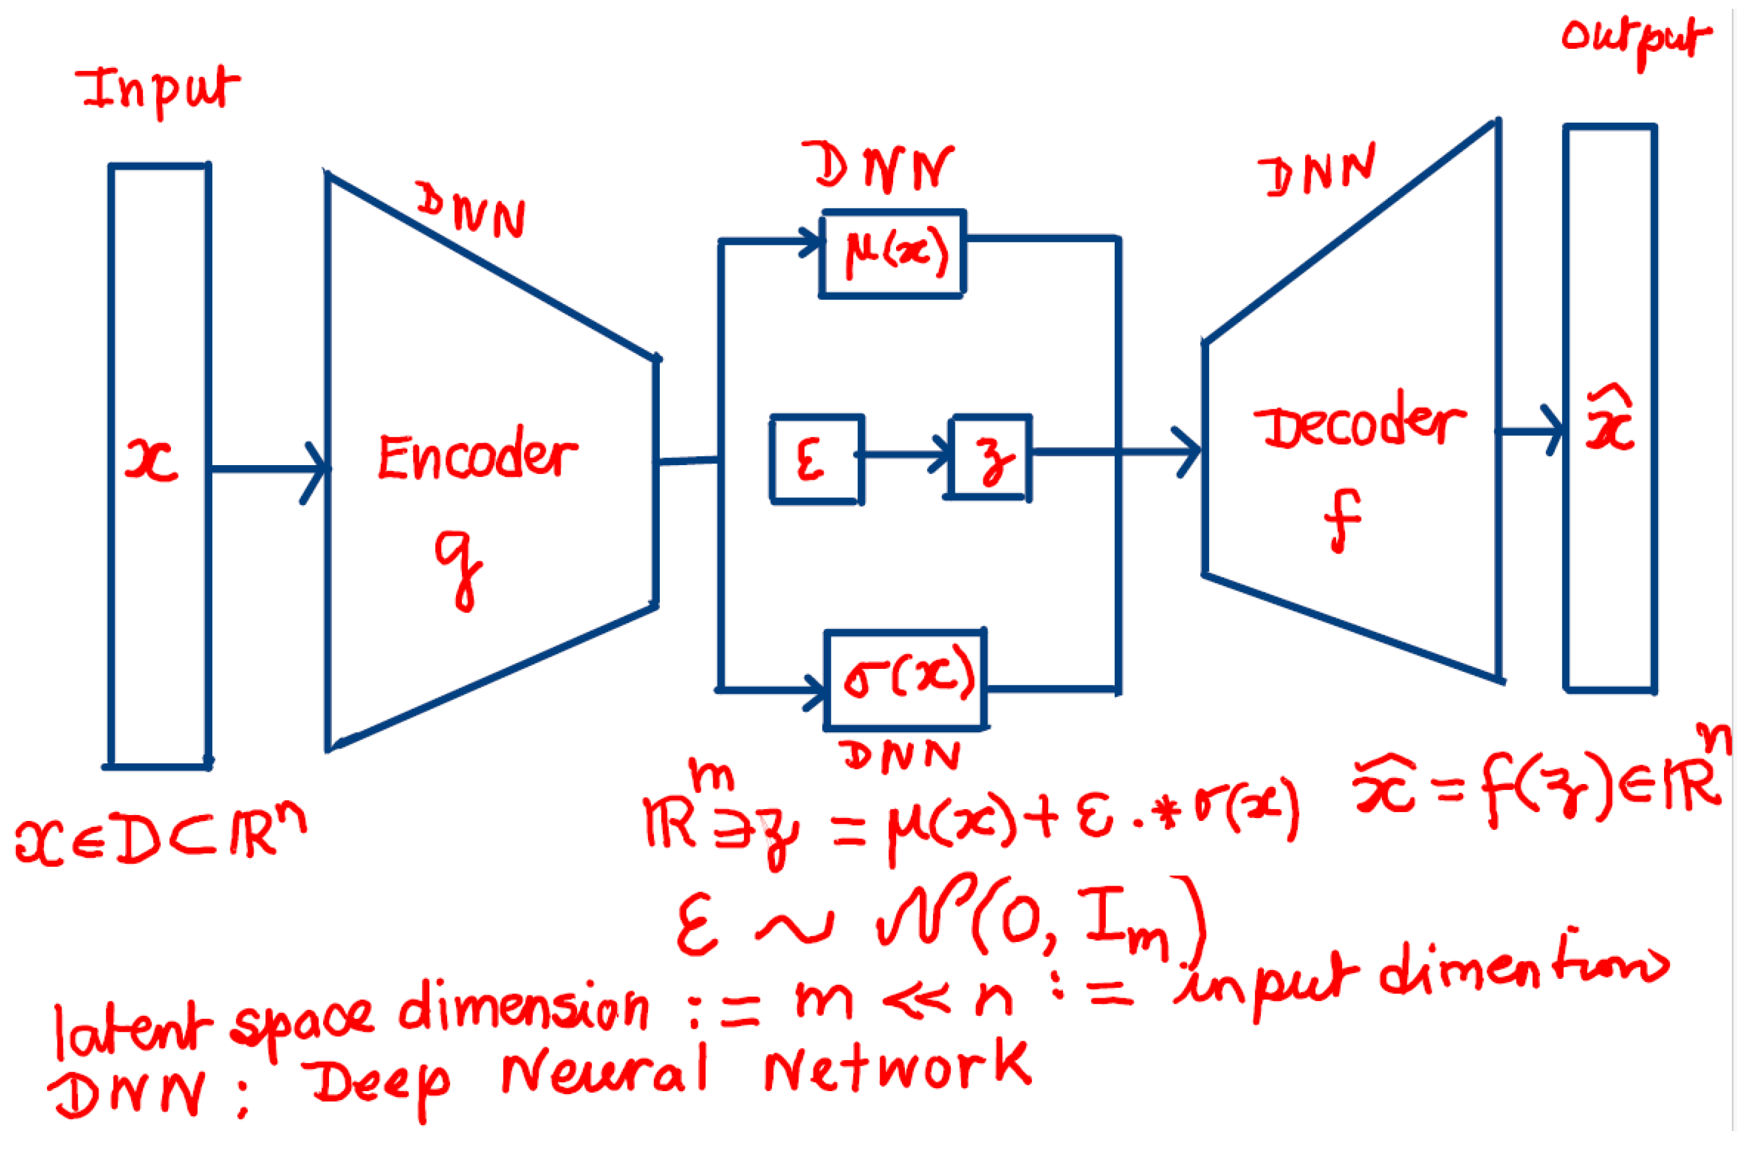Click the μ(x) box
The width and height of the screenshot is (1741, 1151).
[892, 253]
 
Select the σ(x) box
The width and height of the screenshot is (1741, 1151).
[906, 679]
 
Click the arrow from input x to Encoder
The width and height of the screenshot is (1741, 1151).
[268, 469]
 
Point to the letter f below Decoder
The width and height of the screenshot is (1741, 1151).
[1342, 520]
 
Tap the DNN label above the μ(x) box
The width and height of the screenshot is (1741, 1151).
[879, 167]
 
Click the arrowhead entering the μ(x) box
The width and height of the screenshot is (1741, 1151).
[811, 241]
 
